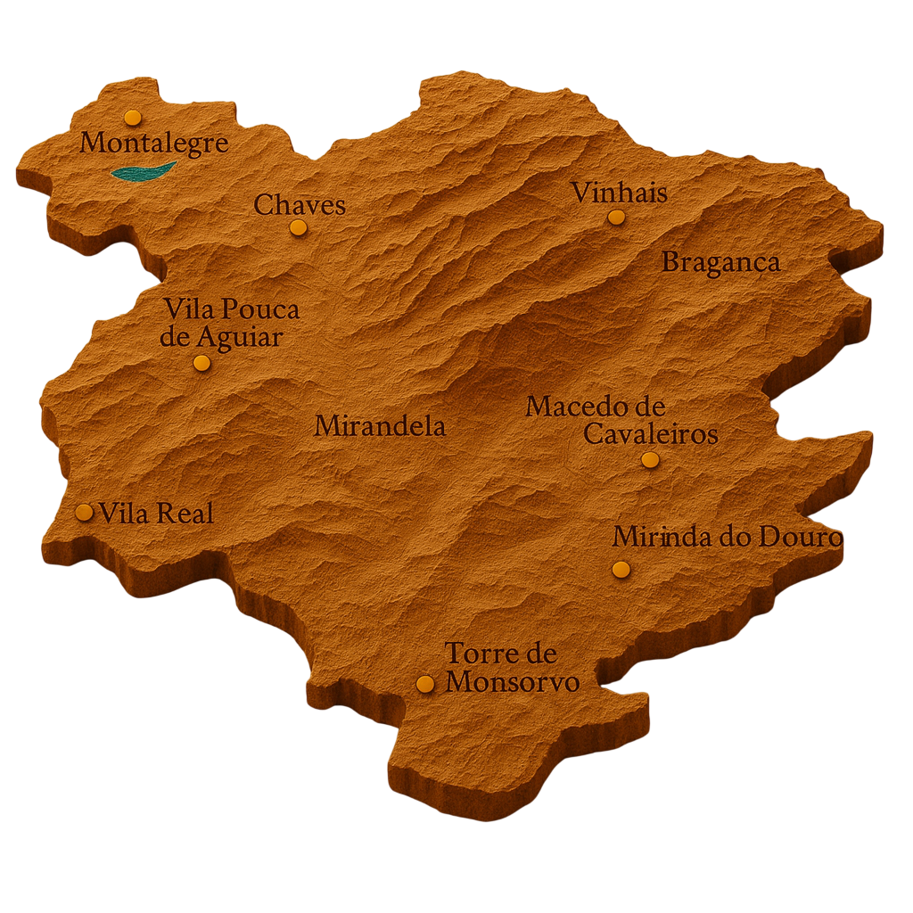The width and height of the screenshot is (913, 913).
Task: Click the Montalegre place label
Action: point(154,143)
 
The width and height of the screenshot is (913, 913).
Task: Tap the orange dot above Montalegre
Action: point(133,117)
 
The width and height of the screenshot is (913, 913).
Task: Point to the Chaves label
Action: point(300,205)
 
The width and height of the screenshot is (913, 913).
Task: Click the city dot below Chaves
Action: point(298,227)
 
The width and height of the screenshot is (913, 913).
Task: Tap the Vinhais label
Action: point(619,192)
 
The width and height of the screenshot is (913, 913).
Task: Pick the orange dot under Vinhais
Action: point(616,217)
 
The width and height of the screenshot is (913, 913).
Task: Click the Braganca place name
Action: point(720,262)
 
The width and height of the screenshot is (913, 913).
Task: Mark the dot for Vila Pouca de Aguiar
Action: point(202,362)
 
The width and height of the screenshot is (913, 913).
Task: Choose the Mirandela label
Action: point(380,426)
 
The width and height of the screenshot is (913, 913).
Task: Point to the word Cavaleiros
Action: point(651,434)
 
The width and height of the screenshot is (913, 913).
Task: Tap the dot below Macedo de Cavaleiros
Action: point(650,459)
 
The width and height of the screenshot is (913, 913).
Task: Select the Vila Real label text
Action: point(156,514)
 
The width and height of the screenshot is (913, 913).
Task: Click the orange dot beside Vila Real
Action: point(84,512)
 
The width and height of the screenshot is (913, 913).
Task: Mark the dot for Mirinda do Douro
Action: point(621,569)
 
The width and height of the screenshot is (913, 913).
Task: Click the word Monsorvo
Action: point(512,682)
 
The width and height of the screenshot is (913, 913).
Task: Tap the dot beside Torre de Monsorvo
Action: point(425,683)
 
